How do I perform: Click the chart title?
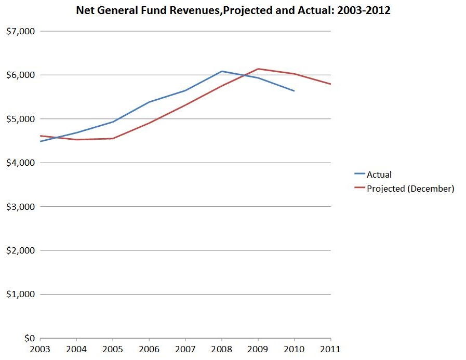coord(233,9)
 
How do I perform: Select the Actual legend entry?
coord(379,175)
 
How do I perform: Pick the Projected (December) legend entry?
coord(410,189)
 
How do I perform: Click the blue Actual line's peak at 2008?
coord(222,71)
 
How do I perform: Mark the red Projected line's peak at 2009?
coord(258,69)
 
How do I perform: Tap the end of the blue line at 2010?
coord(295,91)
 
